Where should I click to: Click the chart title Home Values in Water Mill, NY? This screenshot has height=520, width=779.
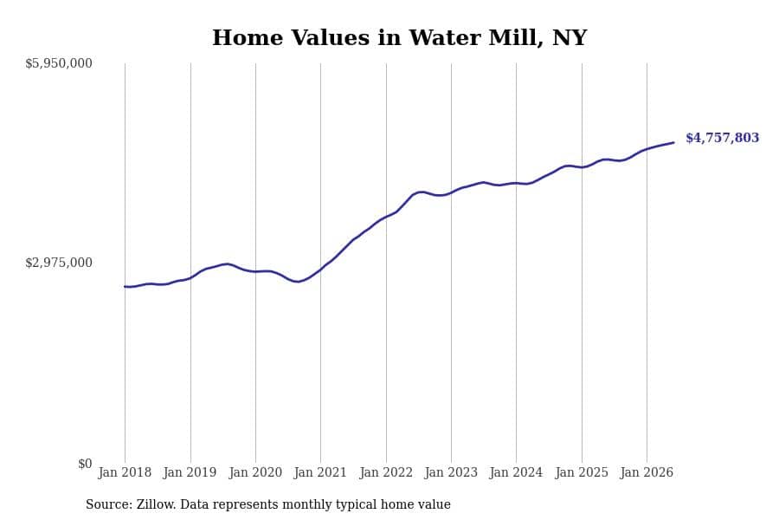click(399, 38)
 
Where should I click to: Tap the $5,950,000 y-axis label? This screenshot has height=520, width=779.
click(59, 63)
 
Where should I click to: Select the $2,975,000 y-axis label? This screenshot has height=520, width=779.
click(59, 263)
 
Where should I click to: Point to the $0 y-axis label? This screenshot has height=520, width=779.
click(85, 464)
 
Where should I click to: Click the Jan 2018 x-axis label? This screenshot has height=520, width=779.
click(125, 472)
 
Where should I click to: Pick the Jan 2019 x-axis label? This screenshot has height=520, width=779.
click(190, 472)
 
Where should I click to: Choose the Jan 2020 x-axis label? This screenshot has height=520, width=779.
click(255, 472)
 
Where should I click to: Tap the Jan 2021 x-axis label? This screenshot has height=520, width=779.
click(320, 472)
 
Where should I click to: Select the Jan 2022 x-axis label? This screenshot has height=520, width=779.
click(386, 472)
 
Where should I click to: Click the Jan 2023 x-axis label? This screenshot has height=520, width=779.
click(451, 472)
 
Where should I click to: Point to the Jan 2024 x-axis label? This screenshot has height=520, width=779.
click(516, 472)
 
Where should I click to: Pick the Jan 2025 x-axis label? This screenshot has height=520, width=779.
click(582, 472)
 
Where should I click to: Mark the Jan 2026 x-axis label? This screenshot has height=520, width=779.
click(647, 472)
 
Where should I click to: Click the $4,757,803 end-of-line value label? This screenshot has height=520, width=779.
click(723, 138)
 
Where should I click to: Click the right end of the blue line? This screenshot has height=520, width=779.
click(673, 143)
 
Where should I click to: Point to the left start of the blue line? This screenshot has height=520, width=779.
click(125, 287)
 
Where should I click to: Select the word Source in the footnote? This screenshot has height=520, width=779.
click(109, 504)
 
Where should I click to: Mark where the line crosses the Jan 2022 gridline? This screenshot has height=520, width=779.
click(386, 217)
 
